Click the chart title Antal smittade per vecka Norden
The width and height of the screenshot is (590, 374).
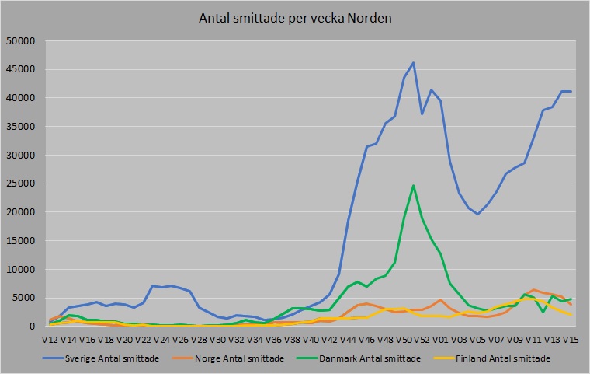tap(294, 18)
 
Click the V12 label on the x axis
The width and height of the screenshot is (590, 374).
tap(52, 340)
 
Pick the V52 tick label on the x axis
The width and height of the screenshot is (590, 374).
tap(423, 340)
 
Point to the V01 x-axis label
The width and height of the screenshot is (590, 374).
tap(442, 340)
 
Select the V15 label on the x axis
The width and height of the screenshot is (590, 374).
tap(571, 340)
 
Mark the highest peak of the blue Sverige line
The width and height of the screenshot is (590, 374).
tap(413, 62)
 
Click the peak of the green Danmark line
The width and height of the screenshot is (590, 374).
tap(413, 185)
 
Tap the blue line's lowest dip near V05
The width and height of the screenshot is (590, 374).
tap(478, 214)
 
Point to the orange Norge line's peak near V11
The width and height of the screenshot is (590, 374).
tap(534, 289)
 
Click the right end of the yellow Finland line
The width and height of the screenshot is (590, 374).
tap(571, 314)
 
